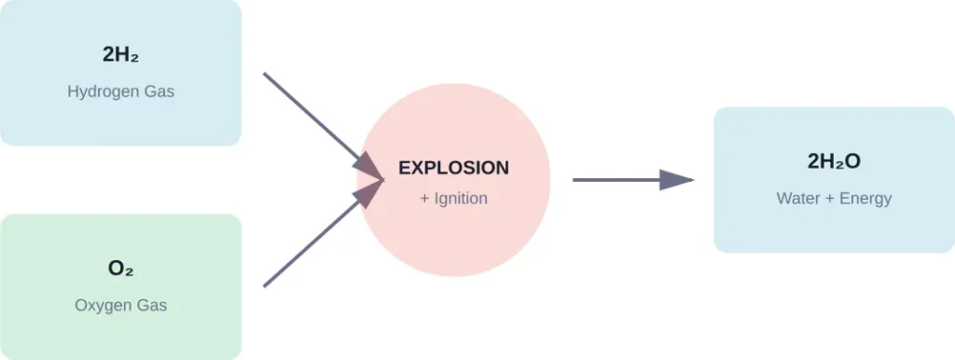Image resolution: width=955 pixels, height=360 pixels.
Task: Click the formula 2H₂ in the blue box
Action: pos(120,55)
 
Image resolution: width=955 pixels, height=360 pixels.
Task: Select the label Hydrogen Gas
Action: pos(120,92)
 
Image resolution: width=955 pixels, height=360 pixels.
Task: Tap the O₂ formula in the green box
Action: pos(120,269)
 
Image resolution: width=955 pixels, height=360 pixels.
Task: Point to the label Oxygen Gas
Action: pos(120,305)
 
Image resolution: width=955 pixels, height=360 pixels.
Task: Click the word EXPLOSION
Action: pos(453,168)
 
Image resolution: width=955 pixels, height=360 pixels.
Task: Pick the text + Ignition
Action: pos(453,199)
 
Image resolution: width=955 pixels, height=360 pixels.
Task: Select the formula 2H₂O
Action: pos(834,161)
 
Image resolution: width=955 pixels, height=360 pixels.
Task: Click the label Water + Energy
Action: pos(834,199)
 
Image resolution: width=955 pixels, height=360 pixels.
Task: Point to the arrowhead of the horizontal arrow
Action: pos(676,179)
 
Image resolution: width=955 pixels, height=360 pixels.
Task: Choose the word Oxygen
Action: pos(104,305)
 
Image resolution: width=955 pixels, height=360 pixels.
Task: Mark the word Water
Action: pos(798,199)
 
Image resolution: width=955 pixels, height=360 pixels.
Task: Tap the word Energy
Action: pos(865,199)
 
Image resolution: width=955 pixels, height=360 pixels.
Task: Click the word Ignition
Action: pos(461,199)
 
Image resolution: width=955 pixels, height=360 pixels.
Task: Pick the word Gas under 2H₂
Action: pos(159,92)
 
